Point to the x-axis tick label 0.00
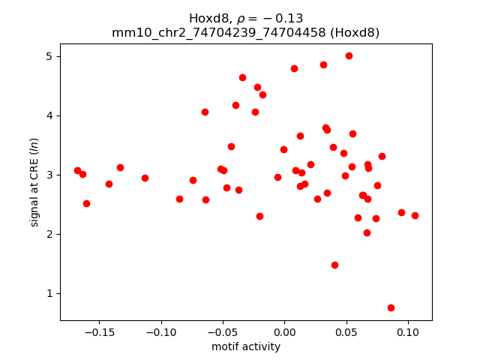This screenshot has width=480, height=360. coord(284,332)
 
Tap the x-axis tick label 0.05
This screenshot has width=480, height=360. coord(346,332)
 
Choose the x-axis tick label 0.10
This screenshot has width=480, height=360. coord(408,332)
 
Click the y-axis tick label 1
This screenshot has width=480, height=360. coord(52,293)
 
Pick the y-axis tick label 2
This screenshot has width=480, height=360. coord(52,234)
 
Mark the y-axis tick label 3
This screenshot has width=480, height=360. coord(52,175)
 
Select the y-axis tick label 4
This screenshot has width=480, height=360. coord(52,115)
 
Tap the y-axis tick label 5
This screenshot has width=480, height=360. coord(52,56)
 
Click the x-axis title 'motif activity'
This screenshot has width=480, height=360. coord(246,346)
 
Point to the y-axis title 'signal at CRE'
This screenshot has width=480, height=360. coord(34,182)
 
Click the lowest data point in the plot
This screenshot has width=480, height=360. coord(391,307)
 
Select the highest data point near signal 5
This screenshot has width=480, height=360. coord(349,55)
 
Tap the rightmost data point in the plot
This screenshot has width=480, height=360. coord(415,215)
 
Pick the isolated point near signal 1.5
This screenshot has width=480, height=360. coord(334,265)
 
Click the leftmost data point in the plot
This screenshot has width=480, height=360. coord(77,170)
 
